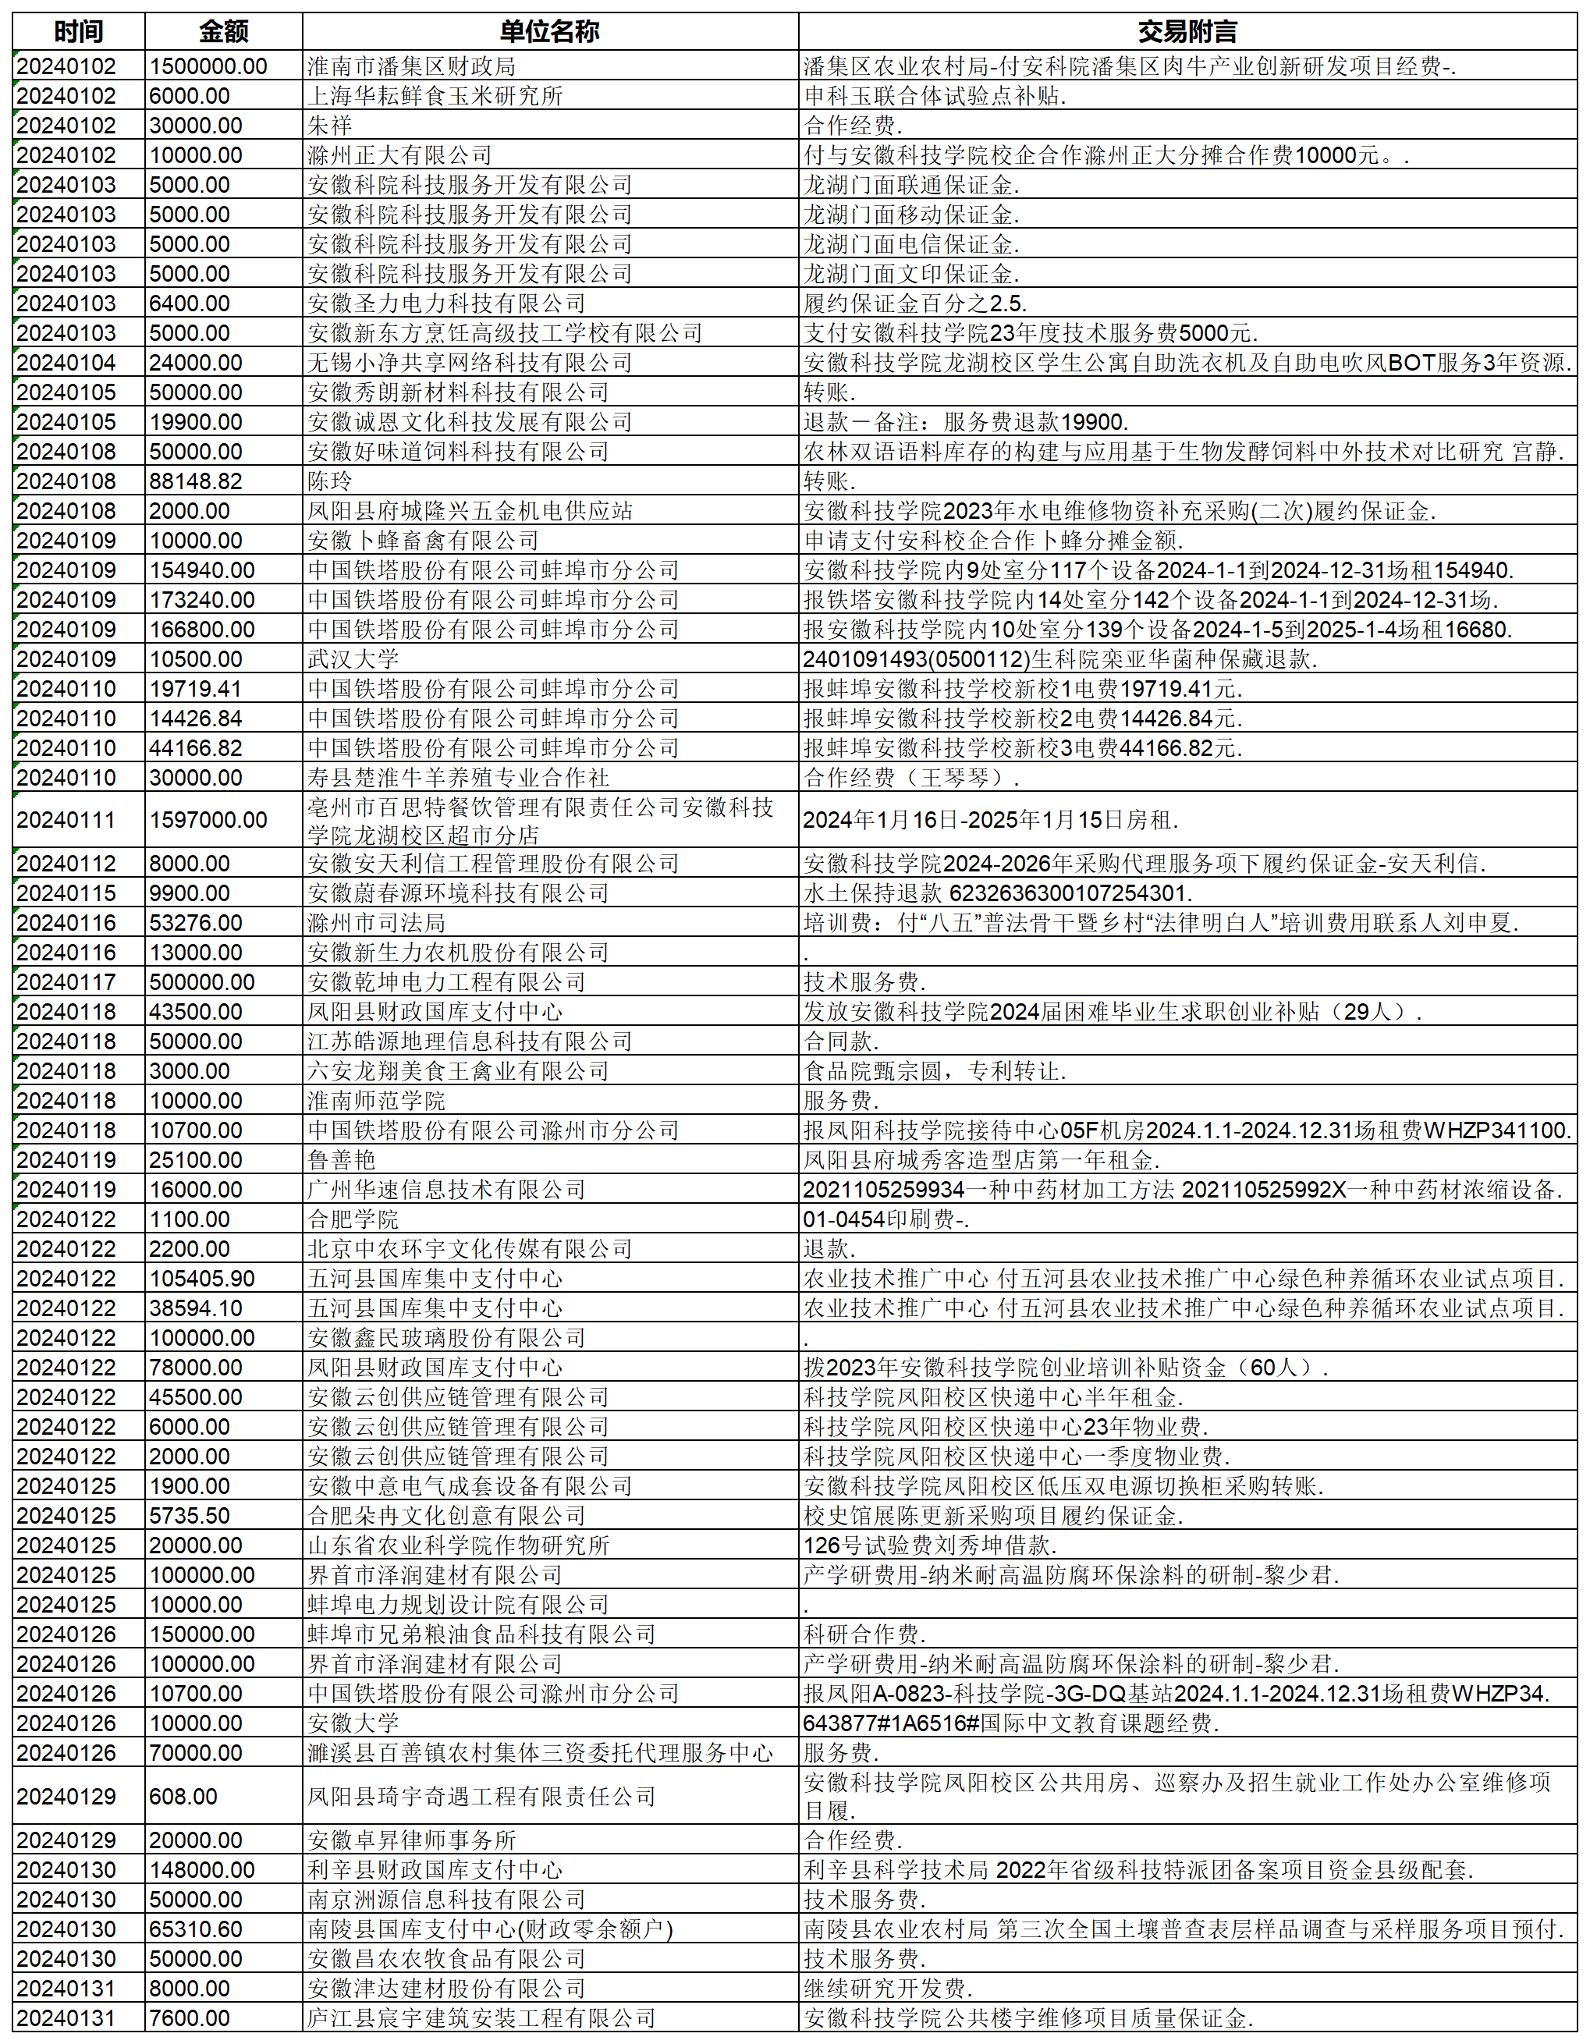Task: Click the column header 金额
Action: [224, 32]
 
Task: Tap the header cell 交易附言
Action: [1187, 32]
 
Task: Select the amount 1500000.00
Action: [208, 66]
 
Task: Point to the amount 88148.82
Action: [196, 481]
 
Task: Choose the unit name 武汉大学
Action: [353, 659]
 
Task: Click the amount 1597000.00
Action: [208, 820]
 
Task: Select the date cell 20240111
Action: [66, 820]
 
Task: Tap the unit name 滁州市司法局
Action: [376, 923]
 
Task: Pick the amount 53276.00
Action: [196, 923]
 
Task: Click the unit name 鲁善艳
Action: [342, 1159]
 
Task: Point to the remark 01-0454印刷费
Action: [886, 1219]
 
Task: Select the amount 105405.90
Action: [202, 1279]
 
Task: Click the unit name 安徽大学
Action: [353, 1723]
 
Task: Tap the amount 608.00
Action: [183, 1796]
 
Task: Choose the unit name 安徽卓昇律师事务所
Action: [412, 1840]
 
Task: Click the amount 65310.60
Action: [196, 1929]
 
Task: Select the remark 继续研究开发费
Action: [887, 1988]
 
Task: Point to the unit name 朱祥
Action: [329, 126]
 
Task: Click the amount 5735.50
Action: [190, 1515]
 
